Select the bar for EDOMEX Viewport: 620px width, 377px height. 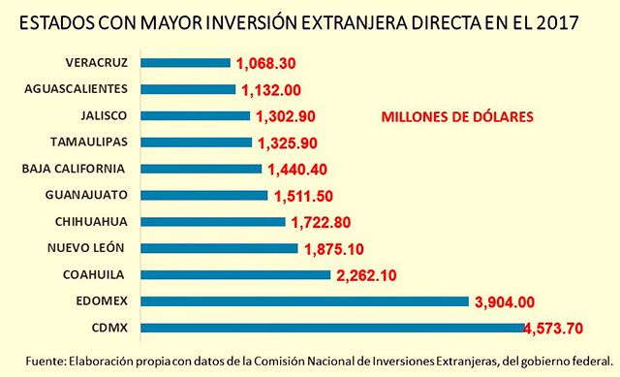pos(304,300)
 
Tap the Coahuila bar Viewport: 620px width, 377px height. pos(235,274)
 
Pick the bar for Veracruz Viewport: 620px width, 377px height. pos(185,63)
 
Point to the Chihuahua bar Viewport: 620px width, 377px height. pos(213,221)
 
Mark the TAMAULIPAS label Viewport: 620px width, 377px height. pos(81,141)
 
